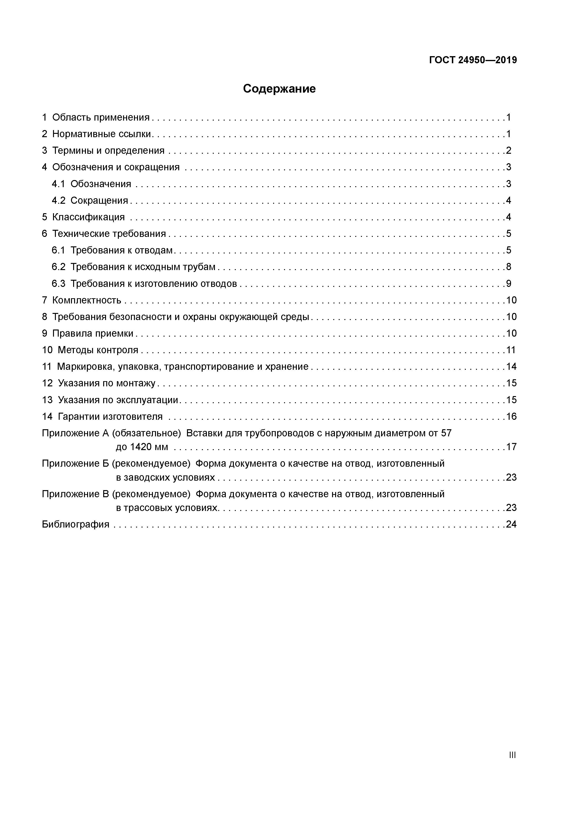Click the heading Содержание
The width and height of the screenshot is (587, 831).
279,89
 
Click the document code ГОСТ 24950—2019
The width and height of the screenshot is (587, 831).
473,60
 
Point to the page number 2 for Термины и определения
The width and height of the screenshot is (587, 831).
508,151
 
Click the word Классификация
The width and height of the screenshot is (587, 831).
88,217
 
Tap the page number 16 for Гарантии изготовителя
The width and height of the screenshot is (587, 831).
511,417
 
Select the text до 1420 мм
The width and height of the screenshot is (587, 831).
142,447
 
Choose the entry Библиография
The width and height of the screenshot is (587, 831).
76,524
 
